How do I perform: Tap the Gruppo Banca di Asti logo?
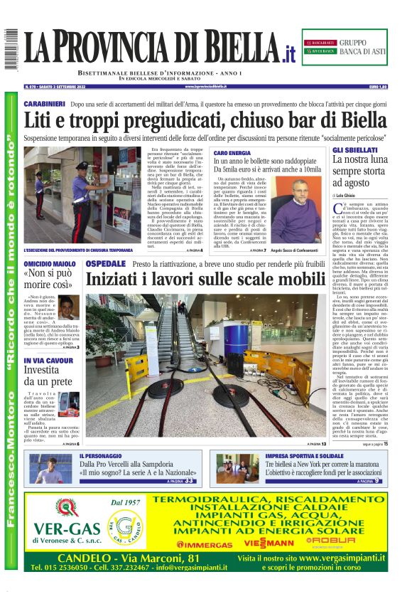(x=350, y=47)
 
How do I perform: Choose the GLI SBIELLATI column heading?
(x=355, y=150)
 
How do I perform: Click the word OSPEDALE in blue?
(x=106, y=264)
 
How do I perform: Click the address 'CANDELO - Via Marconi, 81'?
(x=128, y=558)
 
